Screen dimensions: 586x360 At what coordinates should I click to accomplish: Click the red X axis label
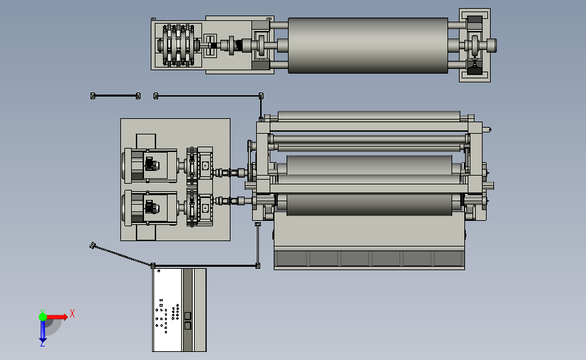pyautogui.click(x=72, y=313)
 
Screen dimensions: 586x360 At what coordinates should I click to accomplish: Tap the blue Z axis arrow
pyautogui.click(x=43, y=331)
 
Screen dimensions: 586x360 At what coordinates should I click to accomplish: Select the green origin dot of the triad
pyautogui.click(x=43, y=317)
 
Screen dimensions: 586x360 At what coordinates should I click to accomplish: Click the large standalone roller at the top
pyautogui.click(x=368, y=45)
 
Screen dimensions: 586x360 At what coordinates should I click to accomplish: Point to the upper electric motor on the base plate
pyautogui.click(x=150, y=165)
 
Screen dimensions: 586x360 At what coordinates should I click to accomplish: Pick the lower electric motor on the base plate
pyautogui.click(x=150, y=207)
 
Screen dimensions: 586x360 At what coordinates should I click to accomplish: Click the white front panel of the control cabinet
pyautogui.click(x=167, y=310)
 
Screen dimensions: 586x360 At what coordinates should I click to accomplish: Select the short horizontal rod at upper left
pyautogui.click(x=116, y=96)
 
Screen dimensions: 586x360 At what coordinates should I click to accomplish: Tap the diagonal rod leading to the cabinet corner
pyautogui.click(x=122, y=255)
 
